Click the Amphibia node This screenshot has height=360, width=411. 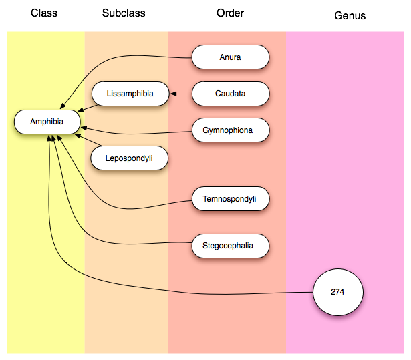coord(47,122)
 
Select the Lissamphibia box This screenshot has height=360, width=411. coord(130,94)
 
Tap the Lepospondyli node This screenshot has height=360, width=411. coord(130,158)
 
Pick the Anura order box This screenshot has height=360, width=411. coord(230,57)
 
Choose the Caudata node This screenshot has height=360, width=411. coord(230,94)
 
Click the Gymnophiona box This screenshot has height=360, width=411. coord(230,130)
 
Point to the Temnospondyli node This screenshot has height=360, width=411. coord(230,199)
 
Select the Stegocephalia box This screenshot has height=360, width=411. coord(230,246)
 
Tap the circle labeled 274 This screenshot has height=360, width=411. coord(337,292)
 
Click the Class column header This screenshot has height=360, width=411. coord(44,13)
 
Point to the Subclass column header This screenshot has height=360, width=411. coord(124,13)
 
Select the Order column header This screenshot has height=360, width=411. coord(230,13)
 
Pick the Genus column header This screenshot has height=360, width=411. coord(350,15)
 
